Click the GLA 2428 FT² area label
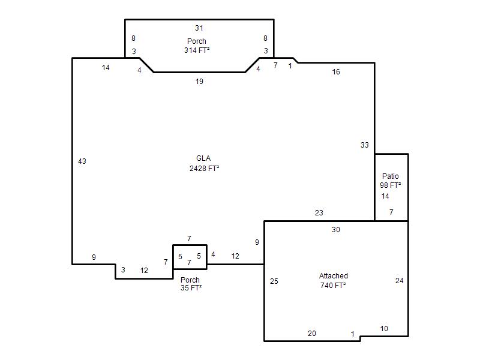(204, 163)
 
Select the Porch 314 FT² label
(197, 46)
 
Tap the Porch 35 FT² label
(191, 284)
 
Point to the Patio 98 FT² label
(391, 181)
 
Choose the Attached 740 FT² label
(333, 280)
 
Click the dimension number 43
(82, 161)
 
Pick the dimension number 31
(199, 28)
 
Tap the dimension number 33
(365, 145)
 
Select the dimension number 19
(199, 81)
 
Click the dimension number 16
(336, 71)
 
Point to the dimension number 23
(319, 212)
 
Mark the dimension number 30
(336, 229)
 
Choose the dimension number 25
(274, 281)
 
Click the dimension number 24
(399, 280)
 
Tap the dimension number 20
(311, 333)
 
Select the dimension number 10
(384, 328)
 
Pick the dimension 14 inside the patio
(385, 196)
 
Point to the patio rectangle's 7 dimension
(391, 212)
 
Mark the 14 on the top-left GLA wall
(106, 67)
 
